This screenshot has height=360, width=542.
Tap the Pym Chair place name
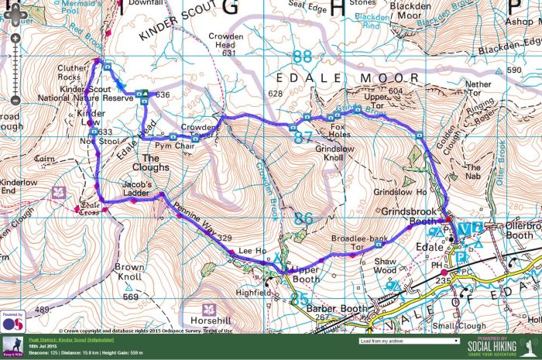174,146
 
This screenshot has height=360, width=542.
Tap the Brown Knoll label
129,271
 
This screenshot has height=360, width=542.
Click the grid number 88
302,57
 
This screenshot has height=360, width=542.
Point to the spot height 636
162,94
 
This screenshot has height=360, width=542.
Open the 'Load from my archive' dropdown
410,340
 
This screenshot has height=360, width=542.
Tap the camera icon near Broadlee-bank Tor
378,244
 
